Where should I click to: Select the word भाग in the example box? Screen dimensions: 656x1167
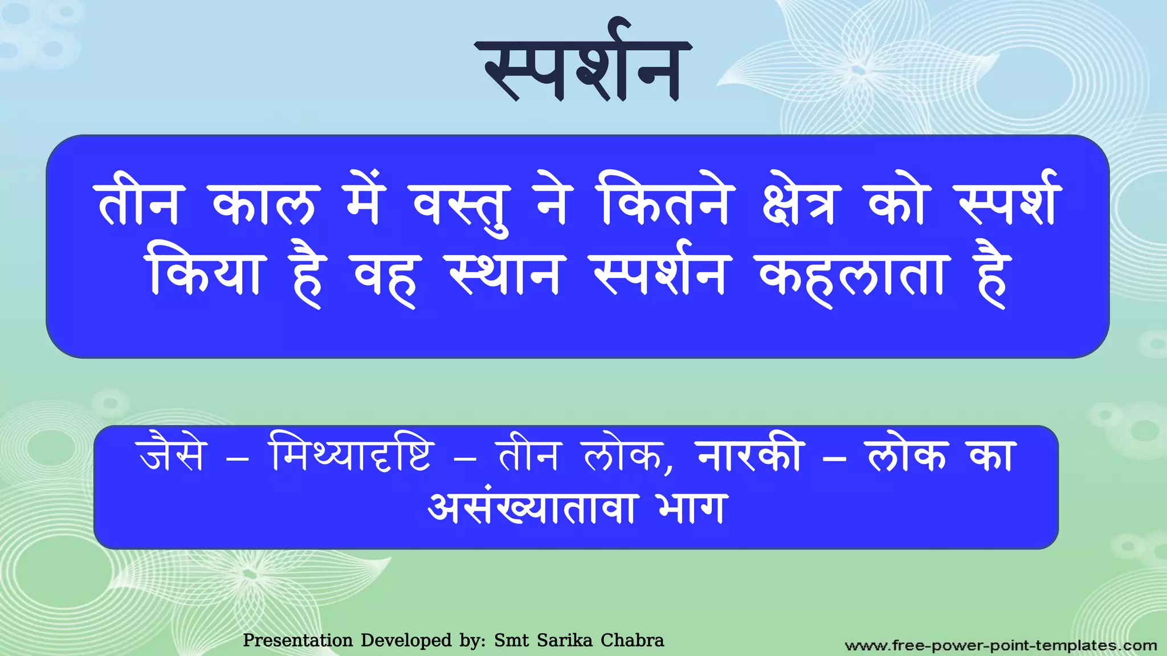tap(691, 508)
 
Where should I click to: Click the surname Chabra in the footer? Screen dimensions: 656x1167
tap(633, 641)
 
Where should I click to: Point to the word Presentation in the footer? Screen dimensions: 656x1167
tap(297, 641)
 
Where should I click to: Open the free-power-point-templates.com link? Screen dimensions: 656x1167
tap(1001, 646)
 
